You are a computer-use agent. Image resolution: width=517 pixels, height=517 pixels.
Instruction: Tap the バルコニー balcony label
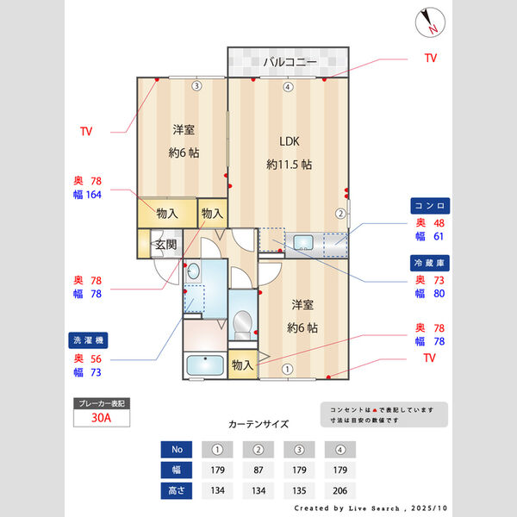(290, 62)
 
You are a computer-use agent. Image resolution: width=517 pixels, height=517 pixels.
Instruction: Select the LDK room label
(289, 142)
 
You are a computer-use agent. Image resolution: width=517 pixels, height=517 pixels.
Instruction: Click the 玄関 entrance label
(165, 245)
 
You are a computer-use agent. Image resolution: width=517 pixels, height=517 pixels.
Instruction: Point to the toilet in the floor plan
(243, 322)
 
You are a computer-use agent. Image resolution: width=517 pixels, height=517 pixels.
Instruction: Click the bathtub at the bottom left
(204, 365)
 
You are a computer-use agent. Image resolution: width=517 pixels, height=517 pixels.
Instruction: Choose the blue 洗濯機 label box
(88, 339)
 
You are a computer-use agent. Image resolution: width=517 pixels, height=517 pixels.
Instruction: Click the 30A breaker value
(100, 419)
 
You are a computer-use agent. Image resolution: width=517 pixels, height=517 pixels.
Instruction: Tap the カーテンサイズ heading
(258, 424)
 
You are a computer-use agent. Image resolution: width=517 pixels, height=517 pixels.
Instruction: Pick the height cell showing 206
(340, 490)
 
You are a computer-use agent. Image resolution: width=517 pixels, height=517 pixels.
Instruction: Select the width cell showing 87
(258, 470)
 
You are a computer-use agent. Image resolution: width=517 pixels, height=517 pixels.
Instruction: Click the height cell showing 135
(299, 490)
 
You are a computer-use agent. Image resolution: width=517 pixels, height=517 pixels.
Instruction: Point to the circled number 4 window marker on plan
(288, 86)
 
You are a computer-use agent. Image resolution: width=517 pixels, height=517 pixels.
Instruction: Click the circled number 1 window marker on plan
(287, 369)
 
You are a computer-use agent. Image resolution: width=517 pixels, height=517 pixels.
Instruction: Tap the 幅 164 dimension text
(88, 196)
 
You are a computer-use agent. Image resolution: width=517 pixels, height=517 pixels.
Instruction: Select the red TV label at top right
(430, 58)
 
